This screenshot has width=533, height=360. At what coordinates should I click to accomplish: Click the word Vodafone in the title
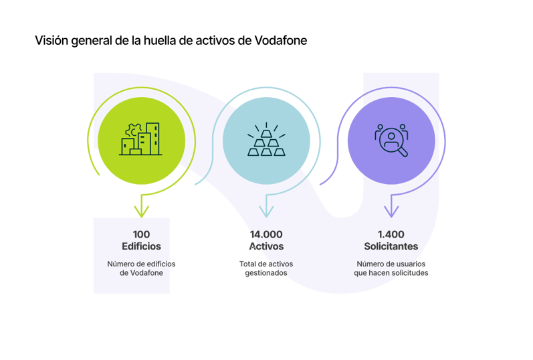[282, 41]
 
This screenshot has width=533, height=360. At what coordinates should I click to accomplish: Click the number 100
[141, 234]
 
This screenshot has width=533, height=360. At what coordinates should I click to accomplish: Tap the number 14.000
[266, 234]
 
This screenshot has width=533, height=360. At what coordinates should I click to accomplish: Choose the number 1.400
[391, 234]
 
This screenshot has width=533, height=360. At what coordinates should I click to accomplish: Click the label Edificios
[141, 246]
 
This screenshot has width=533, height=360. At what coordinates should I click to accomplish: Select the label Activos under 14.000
[266, 246]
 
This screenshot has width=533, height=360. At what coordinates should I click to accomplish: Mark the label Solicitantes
[391, 246]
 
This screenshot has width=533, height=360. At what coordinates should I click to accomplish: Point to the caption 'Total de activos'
[266, 264]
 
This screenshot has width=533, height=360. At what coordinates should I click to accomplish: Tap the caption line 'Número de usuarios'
[391, 264]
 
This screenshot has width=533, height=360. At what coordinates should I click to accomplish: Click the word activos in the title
[221, 41]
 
